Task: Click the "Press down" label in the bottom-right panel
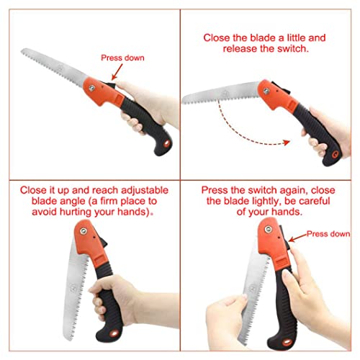pos(328,234)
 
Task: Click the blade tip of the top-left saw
pos(23,52)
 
